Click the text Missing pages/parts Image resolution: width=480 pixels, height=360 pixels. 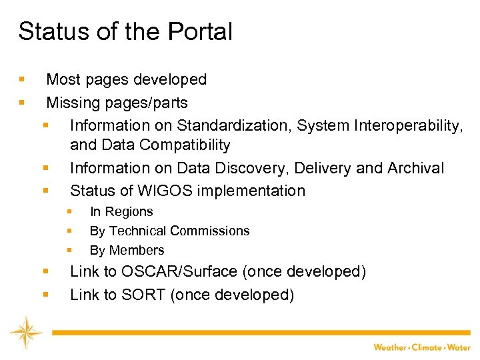[x=117, y=103]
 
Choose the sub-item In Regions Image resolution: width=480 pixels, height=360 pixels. [x=121, y=212]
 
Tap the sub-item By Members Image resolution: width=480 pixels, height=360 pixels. [x=127, y=251]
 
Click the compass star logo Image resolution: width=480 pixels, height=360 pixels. [x=26, y=332]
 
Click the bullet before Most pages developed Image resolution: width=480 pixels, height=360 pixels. [x=22, y=80]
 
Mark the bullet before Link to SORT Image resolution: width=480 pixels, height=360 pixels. [x=45, y=295]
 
